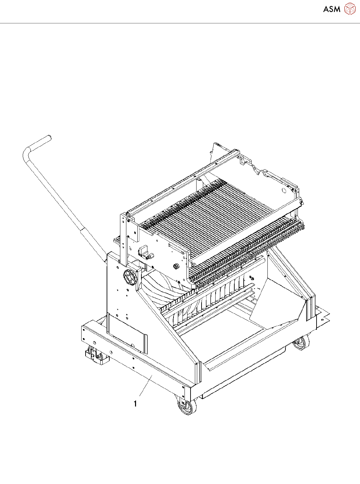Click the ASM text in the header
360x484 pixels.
tap(332, 9)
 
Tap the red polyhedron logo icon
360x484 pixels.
tap(350, 9)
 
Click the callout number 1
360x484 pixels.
tap(135, 404)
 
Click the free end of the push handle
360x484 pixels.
tap(49, 137)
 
